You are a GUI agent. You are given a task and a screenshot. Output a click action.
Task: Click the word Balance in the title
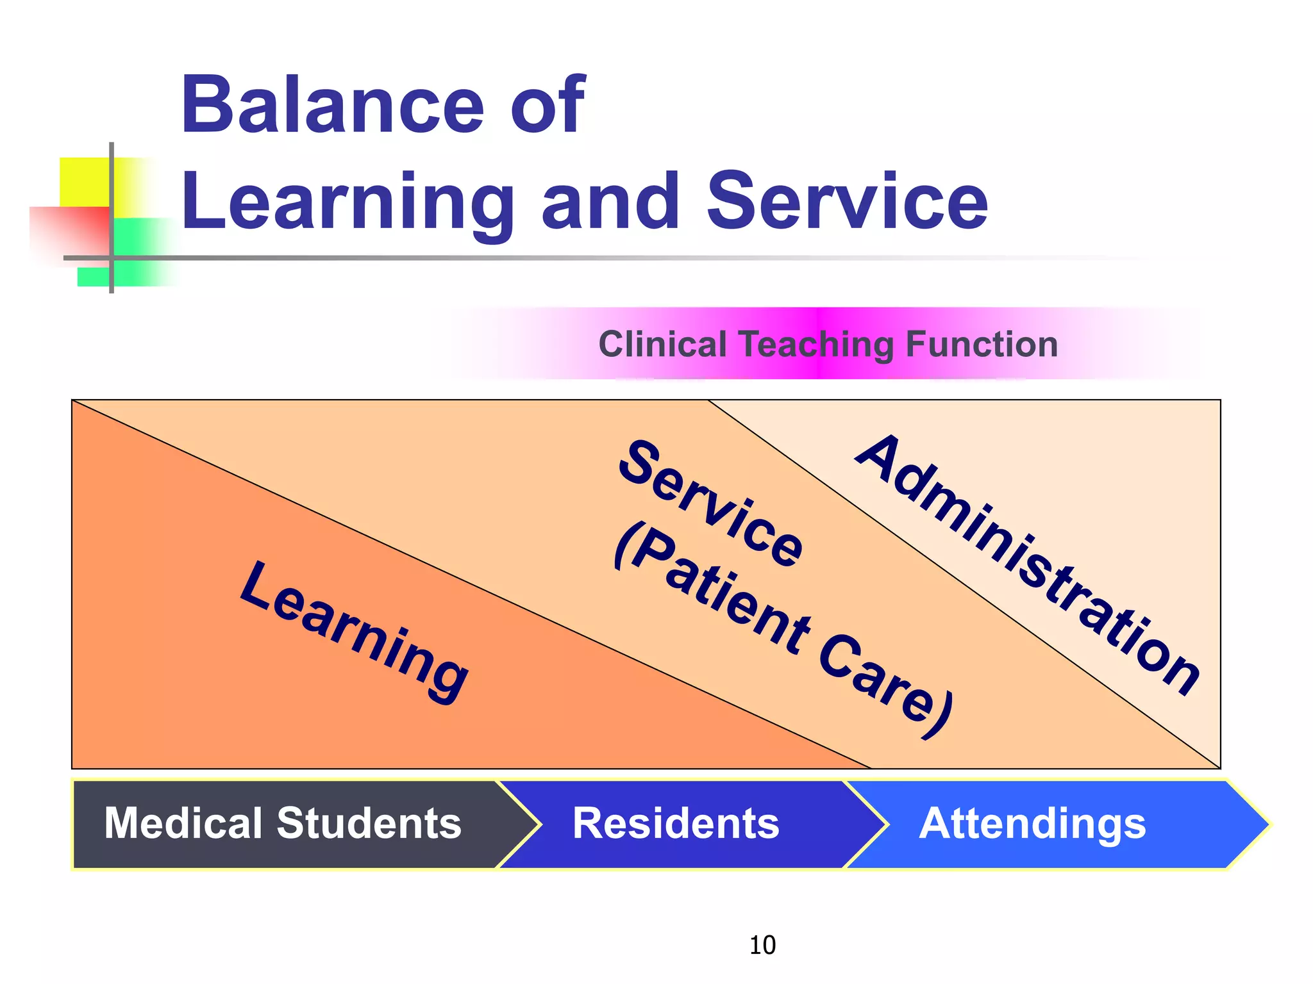coord(333,106)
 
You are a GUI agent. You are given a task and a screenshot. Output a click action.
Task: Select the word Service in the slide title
coord(847,202)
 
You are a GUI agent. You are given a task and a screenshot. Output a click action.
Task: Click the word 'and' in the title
coord(610,202)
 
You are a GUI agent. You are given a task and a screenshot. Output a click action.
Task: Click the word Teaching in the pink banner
coord(817,345)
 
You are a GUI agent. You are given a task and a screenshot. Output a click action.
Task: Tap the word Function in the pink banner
coord(982,344)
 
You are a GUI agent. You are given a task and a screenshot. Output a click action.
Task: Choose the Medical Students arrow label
coord(283,823)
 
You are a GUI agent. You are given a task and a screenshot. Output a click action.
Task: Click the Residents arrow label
coord(676,823)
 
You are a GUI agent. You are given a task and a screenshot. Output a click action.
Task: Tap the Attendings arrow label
coord(1032,823)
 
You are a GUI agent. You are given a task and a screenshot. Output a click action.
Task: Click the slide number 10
coord(762,945)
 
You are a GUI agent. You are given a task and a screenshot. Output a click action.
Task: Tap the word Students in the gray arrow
coord(369,823)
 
